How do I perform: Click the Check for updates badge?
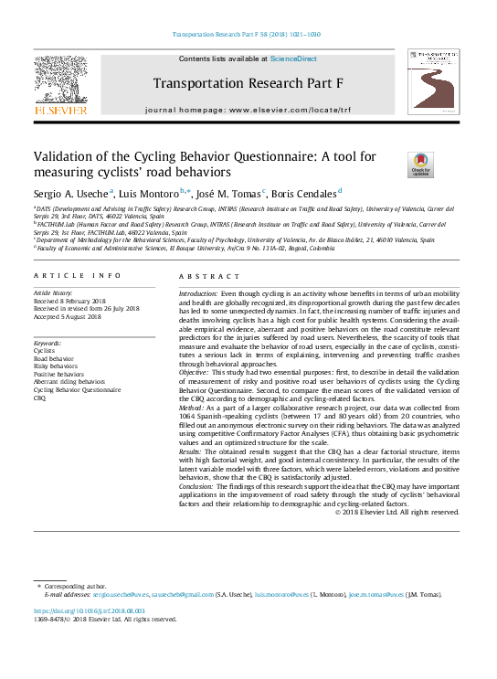[x=420, y=164]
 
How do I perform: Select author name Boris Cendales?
[x=305, y=193]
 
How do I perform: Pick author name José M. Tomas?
[x=232, y=193]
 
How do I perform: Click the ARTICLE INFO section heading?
[x=78, y=275]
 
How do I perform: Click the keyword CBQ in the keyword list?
[x=39, y=398]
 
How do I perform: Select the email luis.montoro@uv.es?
[x=281, y=594]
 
